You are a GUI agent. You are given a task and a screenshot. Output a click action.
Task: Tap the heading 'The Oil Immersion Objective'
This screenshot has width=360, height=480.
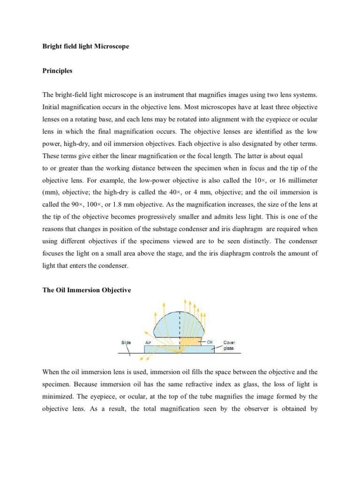(x=87, y=290)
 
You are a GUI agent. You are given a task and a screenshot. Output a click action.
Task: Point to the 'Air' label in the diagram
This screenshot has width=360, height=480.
(x=149, y=342)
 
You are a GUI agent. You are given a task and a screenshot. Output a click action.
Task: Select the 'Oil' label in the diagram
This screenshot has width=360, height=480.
(x=210, y=342)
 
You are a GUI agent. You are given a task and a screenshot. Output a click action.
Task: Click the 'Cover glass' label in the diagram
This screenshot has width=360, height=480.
(x=229, y=345)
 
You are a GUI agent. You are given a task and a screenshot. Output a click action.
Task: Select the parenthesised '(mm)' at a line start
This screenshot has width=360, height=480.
(x=50, y=193)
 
